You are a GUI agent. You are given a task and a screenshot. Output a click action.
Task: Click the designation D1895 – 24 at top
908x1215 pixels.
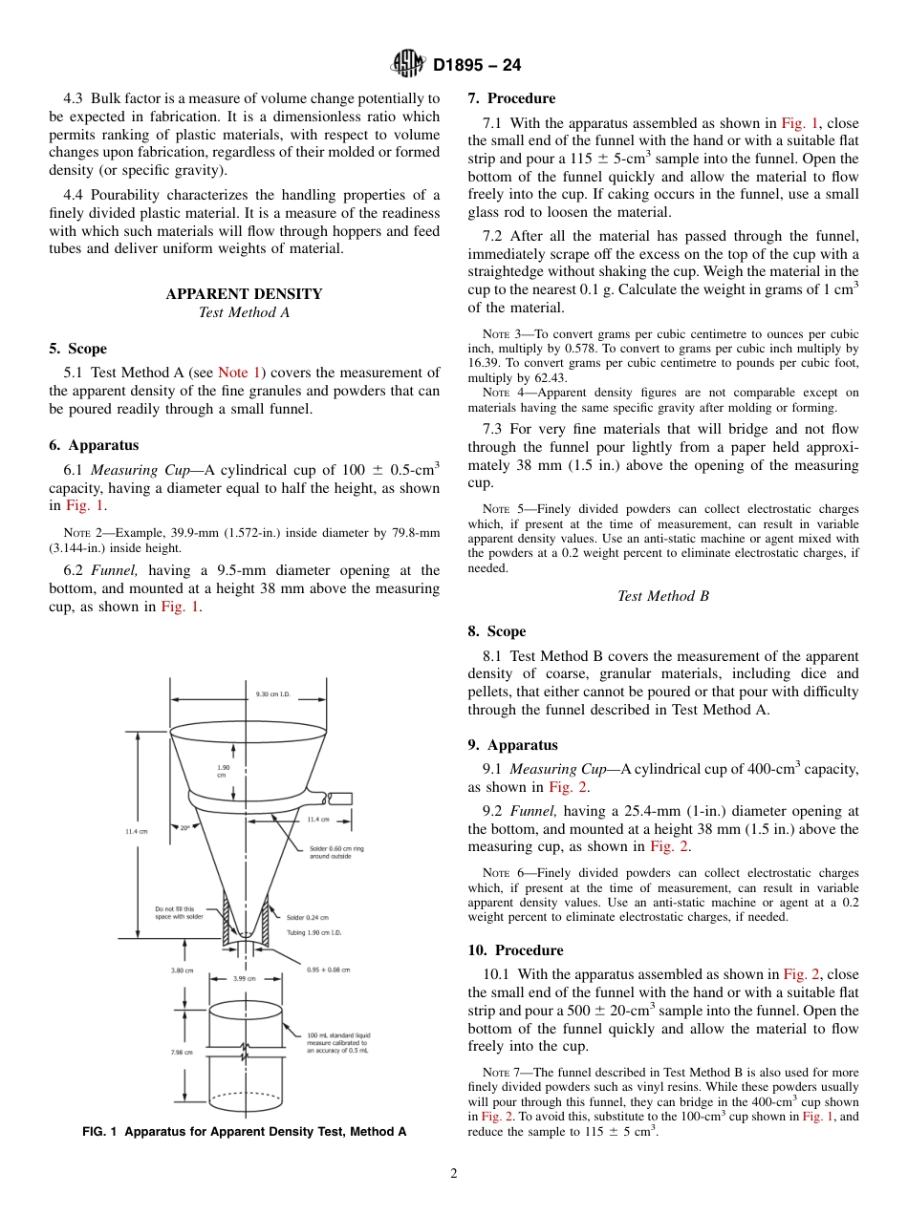(477, 66)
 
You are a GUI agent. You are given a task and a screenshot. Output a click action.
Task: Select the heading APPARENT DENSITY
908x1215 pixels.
(244, 294)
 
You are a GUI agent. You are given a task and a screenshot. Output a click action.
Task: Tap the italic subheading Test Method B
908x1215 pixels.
(662, 596)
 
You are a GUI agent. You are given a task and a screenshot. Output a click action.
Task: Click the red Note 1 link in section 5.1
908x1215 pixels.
(239, 373)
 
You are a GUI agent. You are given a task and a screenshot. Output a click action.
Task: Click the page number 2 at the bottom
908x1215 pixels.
(454, 1174)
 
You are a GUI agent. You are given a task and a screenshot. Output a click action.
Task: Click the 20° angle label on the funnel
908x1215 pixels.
(184, 828)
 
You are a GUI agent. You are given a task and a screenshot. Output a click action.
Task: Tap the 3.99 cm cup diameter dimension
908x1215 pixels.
(245, 978)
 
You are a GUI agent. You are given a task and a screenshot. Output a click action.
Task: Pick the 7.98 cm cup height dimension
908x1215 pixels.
(182, 1052)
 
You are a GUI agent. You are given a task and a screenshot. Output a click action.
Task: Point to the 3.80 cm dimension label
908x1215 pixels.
(182, 970)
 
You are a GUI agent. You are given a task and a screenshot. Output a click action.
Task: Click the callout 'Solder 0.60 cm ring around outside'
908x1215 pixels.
(331, 852)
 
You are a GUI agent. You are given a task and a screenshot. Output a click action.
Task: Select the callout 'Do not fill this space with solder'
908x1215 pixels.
(179, 912)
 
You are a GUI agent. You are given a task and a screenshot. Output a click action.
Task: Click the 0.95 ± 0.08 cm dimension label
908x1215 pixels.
(328, 970)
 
